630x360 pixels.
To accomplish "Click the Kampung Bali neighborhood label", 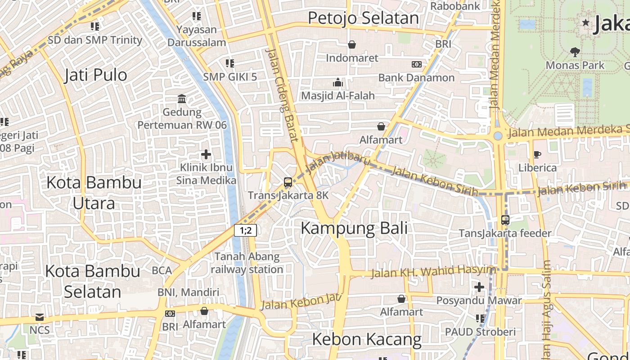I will [354, 228].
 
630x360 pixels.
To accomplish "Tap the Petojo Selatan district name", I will [363, 18].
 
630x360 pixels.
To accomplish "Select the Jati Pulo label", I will [96, 75].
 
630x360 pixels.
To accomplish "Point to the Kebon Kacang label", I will [367, 339].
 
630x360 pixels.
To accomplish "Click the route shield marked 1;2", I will [245, 230].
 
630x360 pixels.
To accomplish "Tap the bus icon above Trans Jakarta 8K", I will [288, 182].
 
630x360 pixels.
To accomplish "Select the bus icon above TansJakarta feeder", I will [505, 220].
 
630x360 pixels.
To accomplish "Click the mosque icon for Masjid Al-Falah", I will [338, 82].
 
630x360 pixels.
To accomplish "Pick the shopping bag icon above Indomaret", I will [352, 45].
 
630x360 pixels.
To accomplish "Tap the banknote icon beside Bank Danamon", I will [417, 64].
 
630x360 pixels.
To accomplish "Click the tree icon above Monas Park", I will [575, 52].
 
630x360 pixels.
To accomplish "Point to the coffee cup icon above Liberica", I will [537, 154].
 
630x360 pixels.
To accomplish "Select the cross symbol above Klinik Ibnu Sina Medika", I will [206, 155].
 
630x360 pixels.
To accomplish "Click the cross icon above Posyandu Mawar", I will [479, 287].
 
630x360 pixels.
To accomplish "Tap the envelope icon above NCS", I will [40, 317].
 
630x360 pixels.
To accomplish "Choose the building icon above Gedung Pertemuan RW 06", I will [182, 99].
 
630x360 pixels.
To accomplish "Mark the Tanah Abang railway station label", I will [247, 263].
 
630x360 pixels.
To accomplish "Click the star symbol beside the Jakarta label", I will [585, 22].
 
